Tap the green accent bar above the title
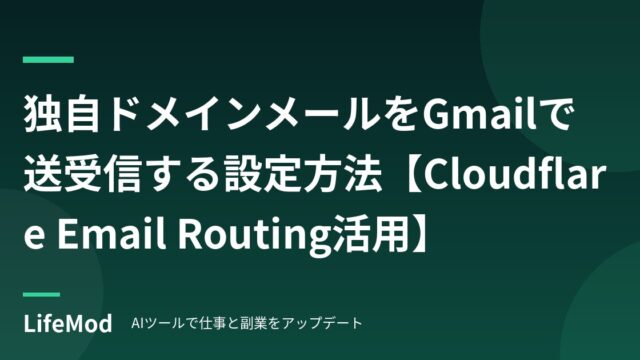pos(48,60)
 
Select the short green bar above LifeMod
pos(42,294)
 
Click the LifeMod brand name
pos(68,324)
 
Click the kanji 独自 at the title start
pos(62,115)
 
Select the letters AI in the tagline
pos(135,323)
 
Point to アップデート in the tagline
pos(322,323)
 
